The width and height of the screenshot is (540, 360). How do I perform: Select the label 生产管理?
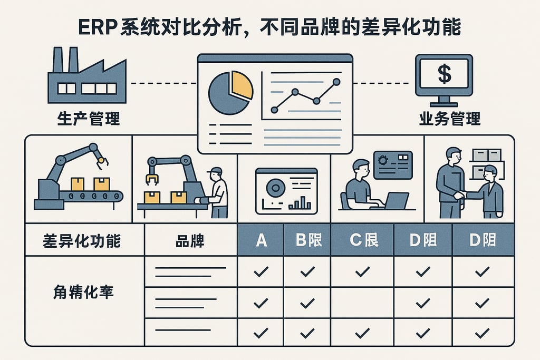tap(88, 118)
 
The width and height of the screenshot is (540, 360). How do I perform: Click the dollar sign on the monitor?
tap(444, 74)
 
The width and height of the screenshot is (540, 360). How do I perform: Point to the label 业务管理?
tap(450, 118)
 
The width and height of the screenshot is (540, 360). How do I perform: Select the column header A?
tap(261, 241)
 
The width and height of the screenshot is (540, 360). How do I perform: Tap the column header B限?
tap(307, 241)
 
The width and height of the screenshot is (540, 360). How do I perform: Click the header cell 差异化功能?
tap(82, 241)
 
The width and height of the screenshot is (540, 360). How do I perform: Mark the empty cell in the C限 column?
tap(362, 303)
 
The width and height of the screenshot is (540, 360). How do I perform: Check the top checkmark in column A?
tap(261, 272)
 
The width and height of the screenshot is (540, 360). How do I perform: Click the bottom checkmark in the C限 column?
tap(362, 333)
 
